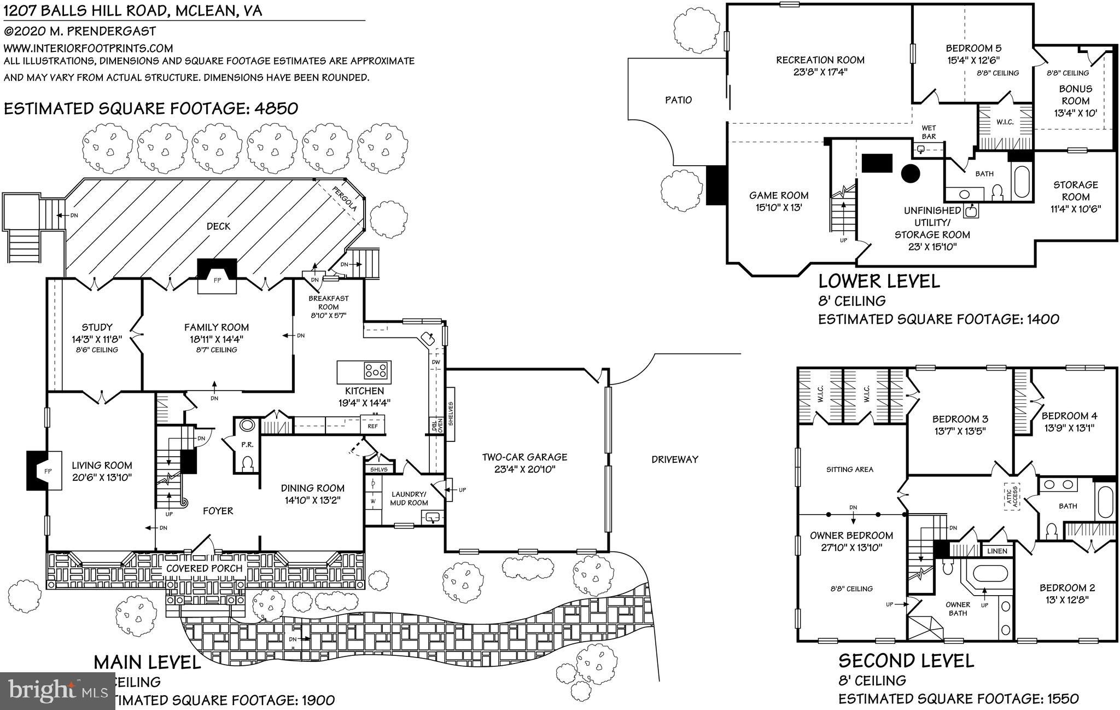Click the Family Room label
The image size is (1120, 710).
[216, 327]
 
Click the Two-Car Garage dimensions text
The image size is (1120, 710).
[524, 469]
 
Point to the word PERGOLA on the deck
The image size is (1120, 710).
[346, 199]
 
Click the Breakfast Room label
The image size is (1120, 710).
[328, 302]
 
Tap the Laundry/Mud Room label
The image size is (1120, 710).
[409, 498]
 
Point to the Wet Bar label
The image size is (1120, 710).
[929, 132]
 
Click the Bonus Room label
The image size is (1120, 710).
[1075, 95]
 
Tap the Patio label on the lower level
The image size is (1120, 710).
[678, 100]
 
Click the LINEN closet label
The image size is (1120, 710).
[997, 551]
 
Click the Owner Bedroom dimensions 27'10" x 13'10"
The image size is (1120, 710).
[851, 548]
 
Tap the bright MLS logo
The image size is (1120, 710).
[57, 691]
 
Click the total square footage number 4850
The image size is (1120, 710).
[276, 108]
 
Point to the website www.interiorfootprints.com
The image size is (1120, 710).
[88, 48]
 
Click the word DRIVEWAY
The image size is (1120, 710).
[675, 459]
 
